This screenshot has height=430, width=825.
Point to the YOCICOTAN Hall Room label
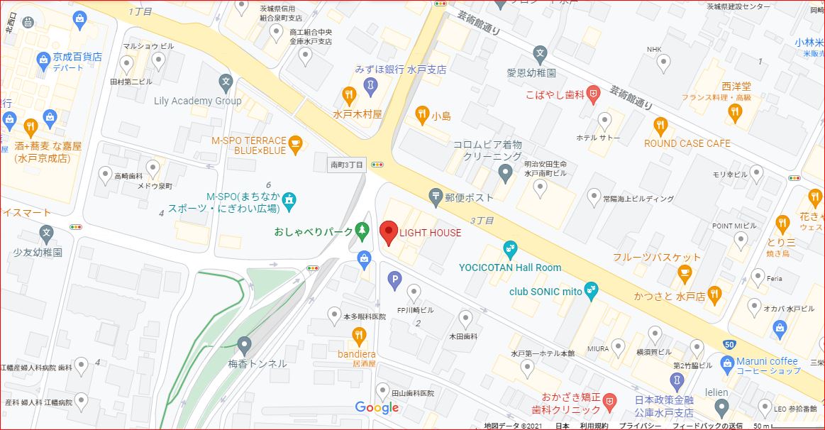coord(509,268)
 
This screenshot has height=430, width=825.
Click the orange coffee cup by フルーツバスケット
coord(685,272)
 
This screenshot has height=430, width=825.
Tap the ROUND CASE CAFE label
coord(687,143)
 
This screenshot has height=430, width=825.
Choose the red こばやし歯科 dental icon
coord(594,93)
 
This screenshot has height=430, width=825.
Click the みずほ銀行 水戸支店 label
coord(401,70)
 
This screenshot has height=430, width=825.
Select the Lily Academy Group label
coord(198,101)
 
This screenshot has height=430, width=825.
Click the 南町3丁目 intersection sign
coord(348,165)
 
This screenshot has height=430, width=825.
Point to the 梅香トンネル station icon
coord(245,346)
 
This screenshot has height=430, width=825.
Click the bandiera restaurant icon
coord(360,335)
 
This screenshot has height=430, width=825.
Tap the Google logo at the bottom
coord(377,407)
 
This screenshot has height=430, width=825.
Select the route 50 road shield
coord(729,345)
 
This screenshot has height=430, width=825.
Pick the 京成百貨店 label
coord(78,57)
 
